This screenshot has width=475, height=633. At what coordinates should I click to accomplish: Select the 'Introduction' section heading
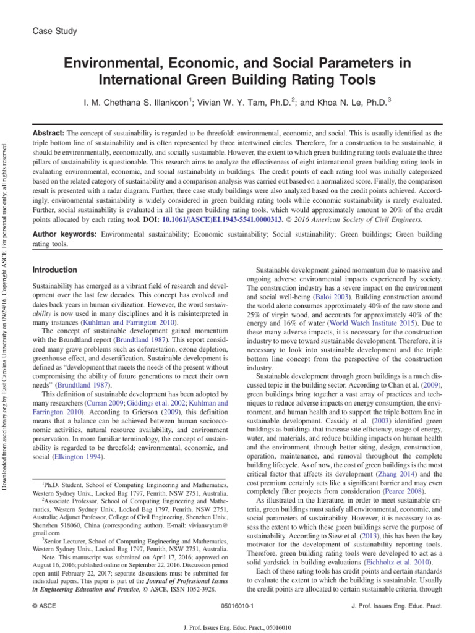54,270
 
